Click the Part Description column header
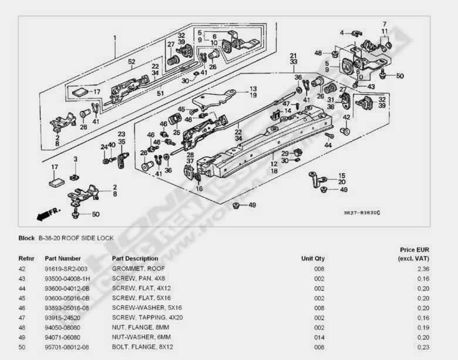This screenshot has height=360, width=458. coord(134,258)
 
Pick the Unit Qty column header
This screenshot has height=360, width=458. coord(312,258)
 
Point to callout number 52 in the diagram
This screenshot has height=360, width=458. coord(132,62)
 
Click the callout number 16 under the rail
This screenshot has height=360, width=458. coord(200,189)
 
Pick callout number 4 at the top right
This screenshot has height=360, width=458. coord(342,32)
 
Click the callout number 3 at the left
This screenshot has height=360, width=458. coord(75,159)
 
